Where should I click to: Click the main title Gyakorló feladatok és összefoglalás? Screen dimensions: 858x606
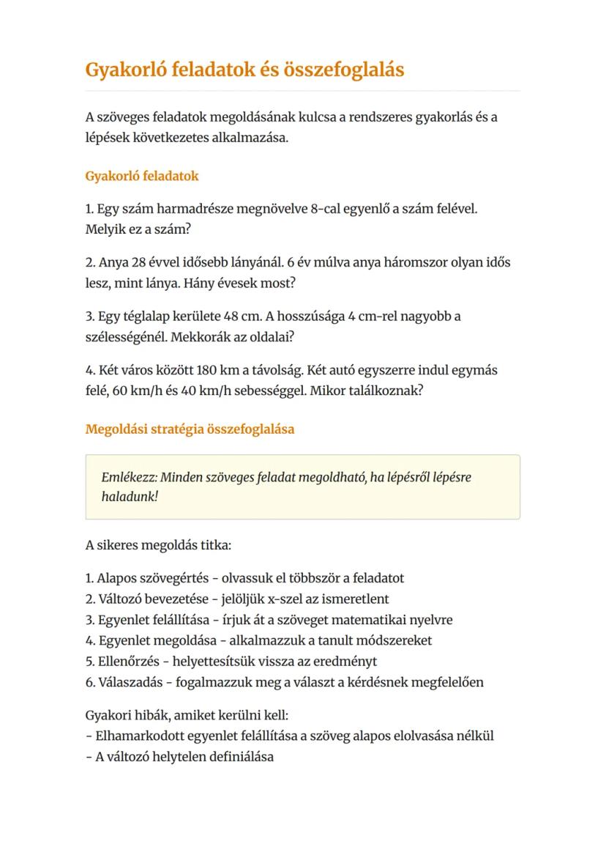244,70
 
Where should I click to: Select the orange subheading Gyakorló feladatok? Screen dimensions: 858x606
142,177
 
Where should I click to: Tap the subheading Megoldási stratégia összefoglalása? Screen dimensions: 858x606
190,429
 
